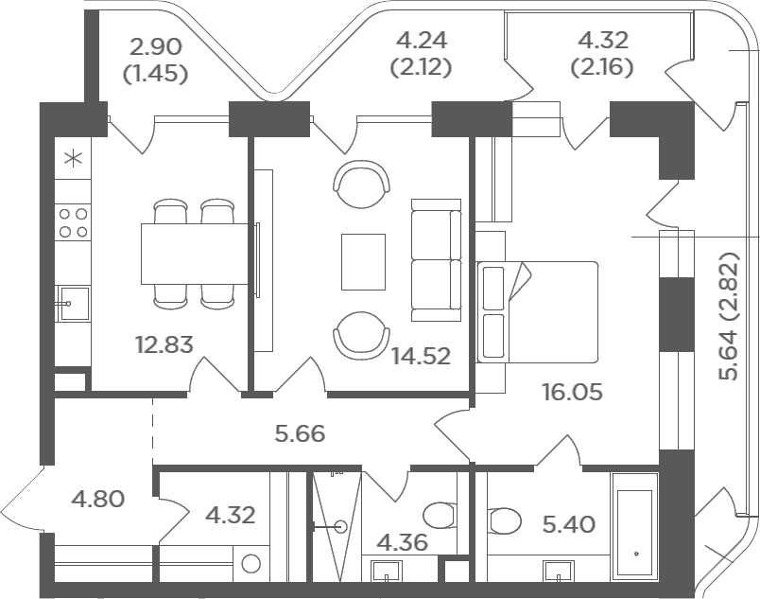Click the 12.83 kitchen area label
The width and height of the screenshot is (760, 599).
164,344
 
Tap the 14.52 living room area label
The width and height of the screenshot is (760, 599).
422,357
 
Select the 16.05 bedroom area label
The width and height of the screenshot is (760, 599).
573,392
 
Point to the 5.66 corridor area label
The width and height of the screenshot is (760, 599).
300,433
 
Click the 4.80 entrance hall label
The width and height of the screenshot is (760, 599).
98,499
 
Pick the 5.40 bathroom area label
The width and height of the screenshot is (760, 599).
568,524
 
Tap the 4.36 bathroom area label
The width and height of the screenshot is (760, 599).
402,542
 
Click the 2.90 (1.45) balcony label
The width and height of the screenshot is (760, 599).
156,61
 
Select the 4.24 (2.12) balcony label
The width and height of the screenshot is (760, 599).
422,53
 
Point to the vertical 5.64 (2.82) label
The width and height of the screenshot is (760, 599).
730,316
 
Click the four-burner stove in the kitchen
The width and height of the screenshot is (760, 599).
73,223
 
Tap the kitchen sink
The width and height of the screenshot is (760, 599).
73,303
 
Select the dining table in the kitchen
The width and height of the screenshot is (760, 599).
195,254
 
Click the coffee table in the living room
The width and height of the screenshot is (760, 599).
364,262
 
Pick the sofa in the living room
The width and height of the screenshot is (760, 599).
436,260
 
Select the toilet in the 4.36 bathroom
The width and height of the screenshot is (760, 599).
440,515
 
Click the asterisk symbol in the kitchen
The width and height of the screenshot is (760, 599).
74,159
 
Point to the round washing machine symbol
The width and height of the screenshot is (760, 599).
251,564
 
